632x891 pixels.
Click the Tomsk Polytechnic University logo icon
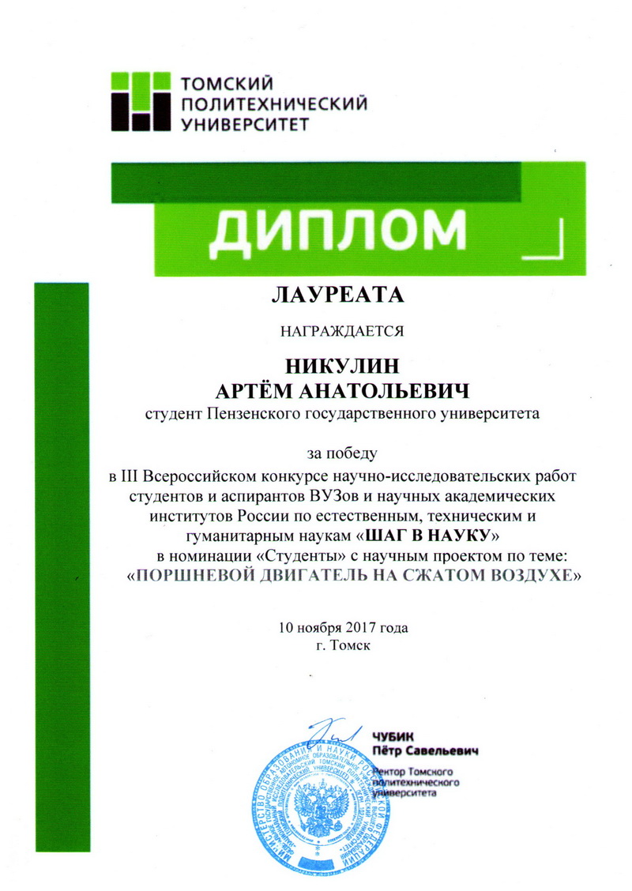click(x=138, y=100)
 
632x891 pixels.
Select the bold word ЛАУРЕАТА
click(x=337, y=295)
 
